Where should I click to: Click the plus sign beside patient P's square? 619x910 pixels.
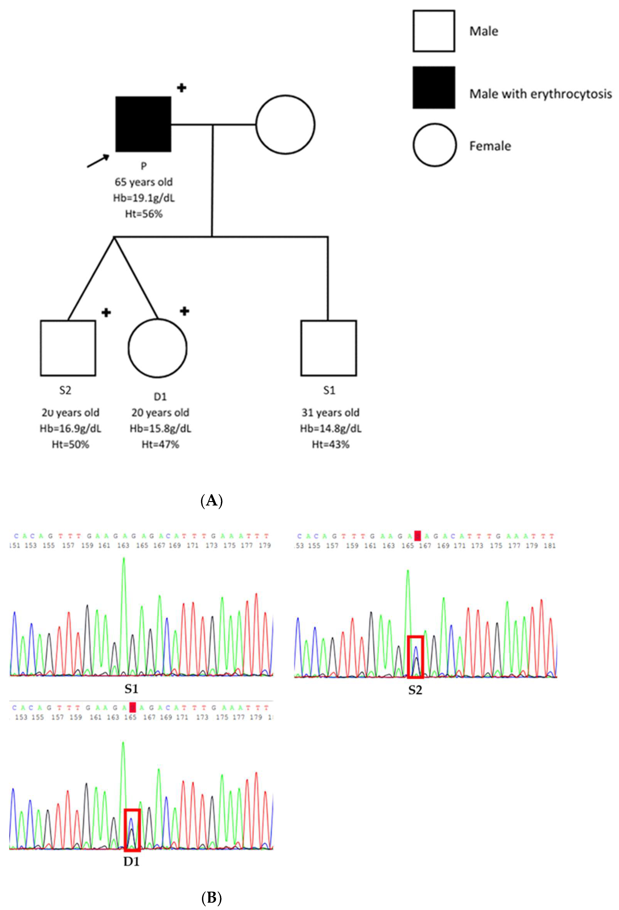(x=181, y=88)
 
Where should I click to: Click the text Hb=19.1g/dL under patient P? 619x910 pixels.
(x=144, y=198)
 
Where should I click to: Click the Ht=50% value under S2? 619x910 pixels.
(x=70, y=444)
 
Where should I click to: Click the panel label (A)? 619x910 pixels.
(x=211, y=501)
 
